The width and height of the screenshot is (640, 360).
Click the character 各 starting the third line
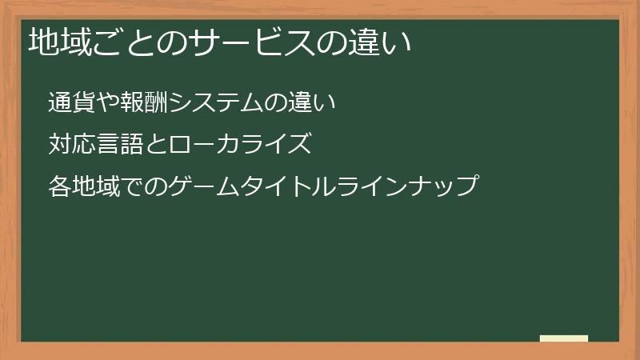point(58,187)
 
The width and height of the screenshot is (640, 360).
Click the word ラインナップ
point(413,187)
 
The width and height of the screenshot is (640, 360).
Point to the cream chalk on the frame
point(564,338)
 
